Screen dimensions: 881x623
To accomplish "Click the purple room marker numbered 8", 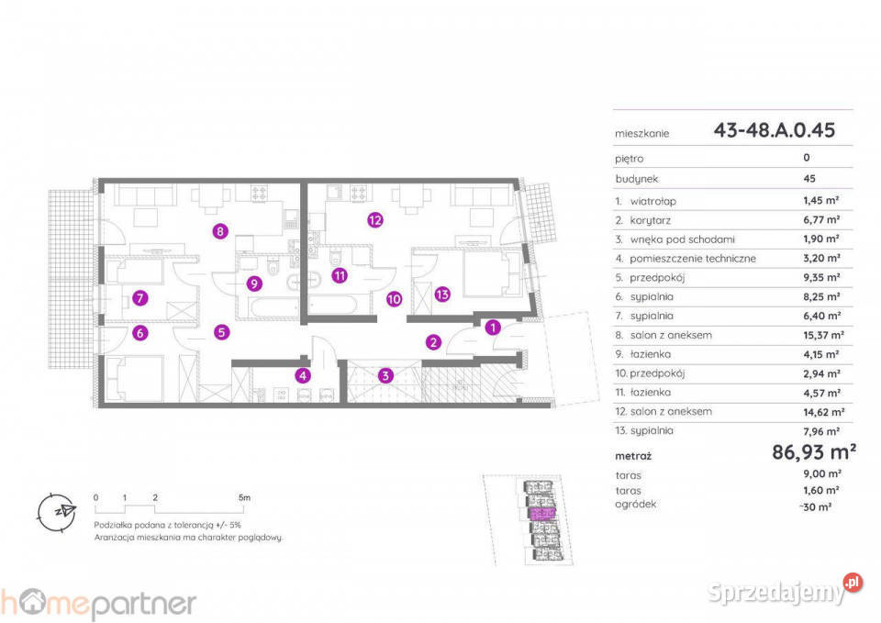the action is [220, 231].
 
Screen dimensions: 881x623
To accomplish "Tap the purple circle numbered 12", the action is [375, 219].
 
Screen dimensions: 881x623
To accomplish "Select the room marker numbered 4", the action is [304, 375].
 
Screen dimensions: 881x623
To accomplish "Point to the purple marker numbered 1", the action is [493, 327].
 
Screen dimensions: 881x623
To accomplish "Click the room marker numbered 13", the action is [442, 294].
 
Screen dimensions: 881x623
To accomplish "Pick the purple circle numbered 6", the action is [140, 333].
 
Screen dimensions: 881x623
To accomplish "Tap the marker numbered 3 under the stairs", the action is [385, 375].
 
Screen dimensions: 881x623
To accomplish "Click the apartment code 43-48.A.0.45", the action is [775, 130].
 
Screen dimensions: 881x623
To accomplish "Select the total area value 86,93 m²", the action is [814, 451].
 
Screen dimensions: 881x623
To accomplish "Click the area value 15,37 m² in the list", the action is [823, 335].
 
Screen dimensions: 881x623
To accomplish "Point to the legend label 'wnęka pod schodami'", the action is [682, 239].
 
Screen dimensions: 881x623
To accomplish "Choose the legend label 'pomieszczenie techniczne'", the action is [693, 259].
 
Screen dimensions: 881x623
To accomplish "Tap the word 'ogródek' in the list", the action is [635, 504].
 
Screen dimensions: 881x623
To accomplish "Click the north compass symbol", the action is [56, 512].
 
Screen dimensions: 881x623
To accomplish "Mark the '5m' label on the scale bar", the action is [244, 497].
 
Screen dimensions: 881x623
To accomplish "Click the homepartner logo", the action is [98, 603].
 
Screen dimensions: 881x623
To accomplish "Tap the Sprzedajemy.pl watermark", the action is [785, 590].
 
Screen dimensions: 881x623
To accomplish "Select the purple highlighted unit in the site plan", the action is [542, 514].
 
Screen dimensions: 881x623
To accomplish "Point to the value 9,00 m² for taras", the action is [822, 473].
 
